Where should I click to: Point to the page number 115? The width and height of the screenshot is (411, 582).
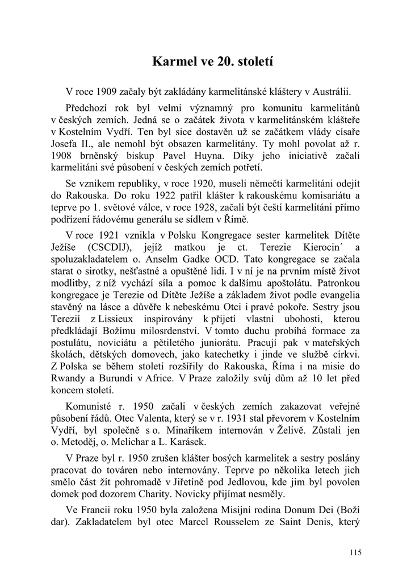click(355, 552)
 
